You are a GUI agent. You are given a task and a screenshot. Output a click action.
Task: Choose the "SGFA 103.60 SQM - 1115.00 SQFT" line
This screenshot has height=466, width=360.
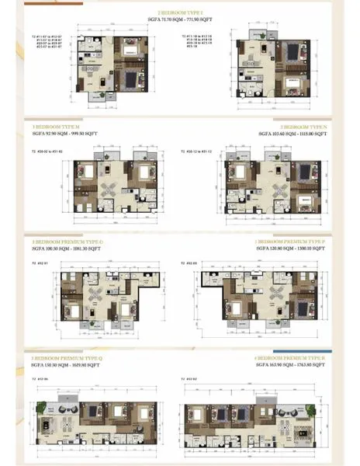[x=291, y=134]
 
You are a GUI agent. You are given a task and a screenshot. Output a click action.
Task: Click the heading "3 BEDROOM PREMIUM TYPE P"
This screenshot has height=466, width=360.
[x=292, y=242]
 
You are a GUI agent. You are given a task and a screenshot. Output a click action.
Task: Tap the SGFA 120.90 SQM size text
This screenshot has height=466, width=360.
[x=290, y=249]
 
